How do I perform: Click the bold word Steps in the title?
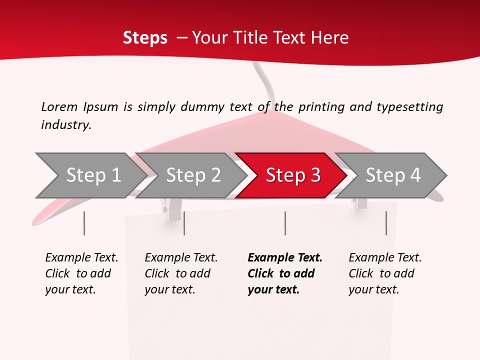coord(145,38)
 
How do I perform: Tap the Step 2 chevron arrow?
coord(193,175)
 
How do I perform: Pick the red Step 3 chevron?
coord(293,175)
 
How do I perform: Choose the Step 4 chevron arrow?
coord(393,175)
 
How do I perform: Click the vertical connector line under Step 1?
coord(84,223)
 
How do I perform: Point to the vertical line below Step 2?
coord(184,223)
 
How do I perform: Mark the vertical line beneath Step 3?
coord(285,223)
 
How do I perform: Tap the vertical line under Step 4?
coord(386,223)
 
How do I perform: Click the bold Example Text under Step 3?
coord(285,273)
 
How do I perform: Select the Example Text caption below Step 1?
coord(81,273)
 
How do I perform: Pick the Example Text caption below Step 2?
coord(181,273)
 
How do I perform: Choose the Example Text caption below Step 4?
coord(385,273)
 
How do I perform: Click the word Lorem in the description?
coord(59,107)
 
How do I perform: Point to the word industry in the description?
coord(66,125)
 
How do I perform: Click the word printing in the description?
coord(322,107)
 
